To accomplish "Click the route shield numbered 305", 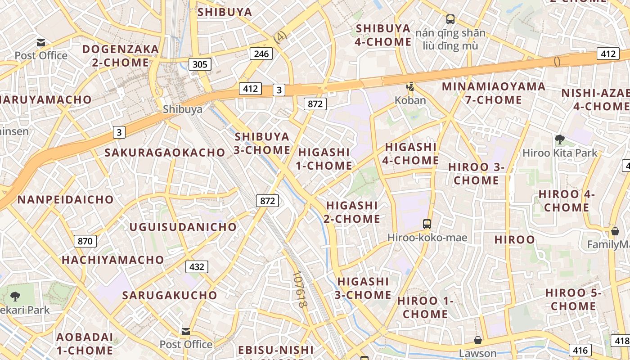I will [x=200, y=64].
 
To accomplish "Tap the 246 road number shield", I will [x=261, y=54].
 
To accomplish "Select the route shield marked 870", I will [x=85, y=241].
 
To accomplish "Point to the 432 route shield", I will [x=197, y=267].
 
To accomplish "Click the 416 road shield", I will [x=580, y=350].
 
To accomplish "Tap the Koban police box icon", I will [x=410, y=87].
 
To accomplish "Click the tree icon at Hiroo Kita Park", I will [x=560, y=139].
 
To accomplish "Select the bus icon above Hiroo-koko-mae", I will [x=427, y=224].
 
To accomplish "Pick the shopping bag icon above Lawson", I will [x=477, y=340].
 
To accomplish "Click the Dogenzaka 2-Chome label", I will [x=121, y=56].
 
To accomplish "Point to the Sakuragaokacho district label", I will [x=165, y=153].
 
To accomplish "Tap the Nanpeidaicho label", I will [x=66, y=199].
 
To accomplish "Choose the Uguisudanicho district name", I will [x=183, y=227].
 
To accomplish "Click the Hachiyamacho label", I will [x=113, y=260].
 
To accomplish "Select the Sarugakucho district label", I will [x=170, y=295].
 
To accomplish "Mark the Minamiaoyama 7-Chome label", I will [x=494, y=93].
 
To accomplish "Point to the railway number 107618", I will [x=299, y=289].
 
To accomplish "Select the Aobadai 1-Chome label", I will [x=85, y=343].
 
